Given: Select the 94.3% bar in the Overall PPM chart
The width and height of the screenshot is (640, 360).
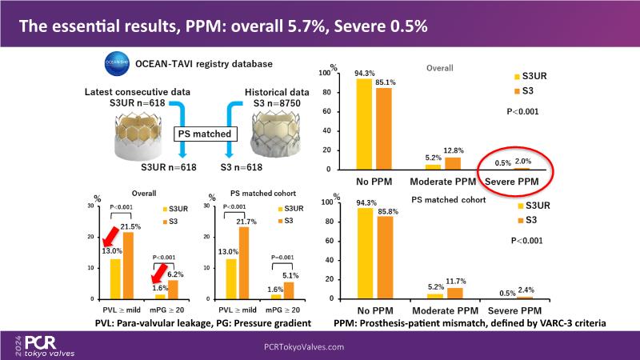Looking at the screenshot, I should (364, 124).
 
